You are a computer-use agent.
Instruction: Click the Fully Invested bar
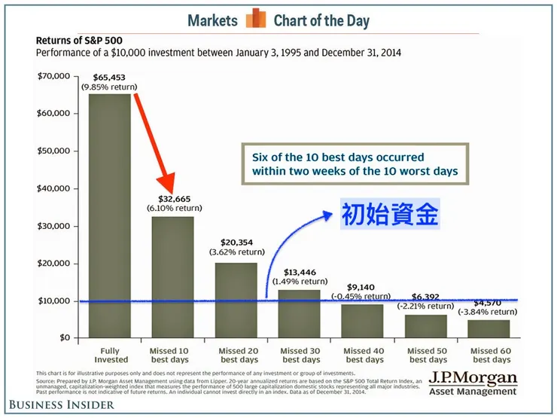click(110, 215)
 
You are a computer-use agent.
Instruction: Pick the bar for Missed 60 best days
click(489, 328)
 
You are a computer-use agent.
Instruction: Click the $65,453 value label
click(110, 77)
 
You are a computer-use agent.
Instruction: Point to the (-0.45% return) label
click(363, 296)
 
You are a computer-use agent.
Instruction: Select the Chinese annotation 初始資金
click(390, 215)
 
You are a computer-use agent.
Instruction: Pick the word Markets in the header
click(213, 20)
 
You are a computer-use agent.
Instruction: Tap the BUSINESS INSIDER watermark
click(58, 405)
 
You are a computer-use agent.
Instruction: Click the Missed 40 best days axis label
click(363, 355)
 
